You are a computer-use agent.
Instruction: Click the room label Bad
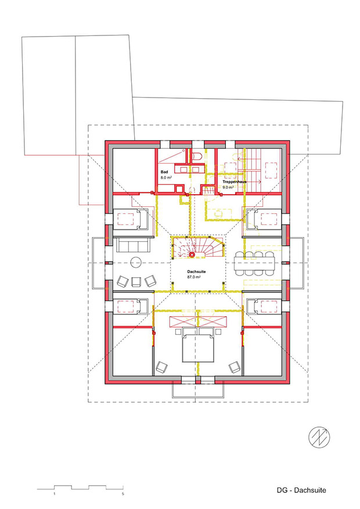coord(164,172)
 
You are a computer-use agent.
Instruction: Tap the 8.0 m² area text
coord(166,178)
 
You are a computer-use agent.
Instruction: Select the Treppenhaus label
coord(234,182)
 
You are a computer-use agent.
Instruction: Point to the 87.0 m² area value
coord(193,277)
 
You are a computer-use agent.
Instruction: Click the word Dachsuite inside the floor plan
coord(196,272)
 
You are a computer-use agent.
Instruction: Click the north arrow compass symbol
coord(319,438)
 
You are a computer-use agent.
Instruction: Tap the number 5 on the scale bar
coord(123,494)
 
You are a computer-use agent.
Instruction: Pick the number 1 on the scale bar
coord(55,494)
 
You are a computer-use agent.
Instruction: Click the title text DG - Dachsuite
coord(301,490)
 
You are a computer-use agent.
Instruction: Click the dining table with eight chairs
coord(255,264)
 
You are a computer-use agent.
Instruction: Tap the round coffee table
coord(135,262)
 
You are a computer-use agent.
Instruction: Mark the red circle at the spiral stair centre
coord(192,255)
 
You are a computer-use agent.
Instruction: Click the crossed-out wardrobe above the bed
coord(198,321)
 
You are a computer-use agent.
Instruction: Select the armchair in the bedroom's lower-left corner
coord(161,367)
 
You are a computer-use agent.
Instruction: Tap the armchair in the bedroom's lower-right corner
coord(235,367)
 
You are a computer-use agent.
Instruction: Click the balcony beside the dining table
coord(297,263)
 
